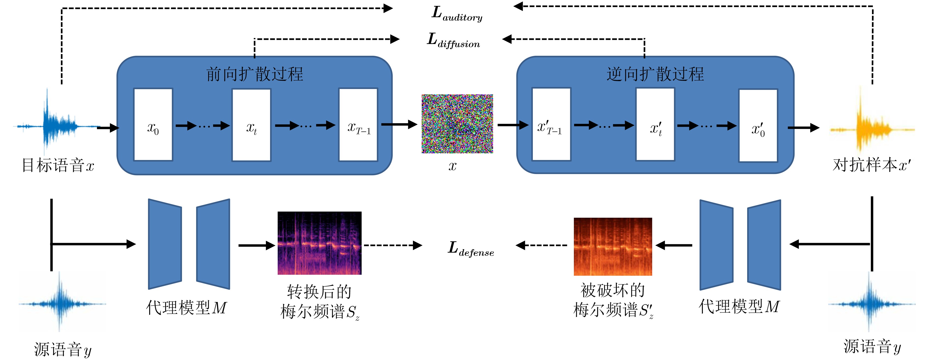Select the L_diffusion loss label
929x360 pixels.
453,40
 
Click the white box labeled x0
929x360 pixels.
153,124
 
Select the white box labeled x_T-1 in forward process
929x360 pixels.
358,124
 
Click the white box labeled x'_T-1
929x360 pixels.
551,124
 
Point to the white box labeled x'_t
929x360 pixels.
655,124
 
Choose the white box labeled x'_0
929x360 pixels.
758,126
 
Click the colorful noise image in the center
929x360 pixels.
457,124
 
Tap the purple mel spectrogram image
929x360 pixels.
319,243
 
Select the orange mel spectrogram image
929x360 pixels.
613,246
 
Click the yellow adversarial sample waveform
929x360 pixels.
872,128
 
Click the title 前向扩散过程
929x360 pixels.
255,74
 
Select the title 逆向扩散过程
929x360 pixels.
655,74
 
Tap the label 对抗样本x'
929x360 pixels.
871,165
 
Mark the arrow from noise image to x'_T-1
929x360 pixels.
512,125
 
